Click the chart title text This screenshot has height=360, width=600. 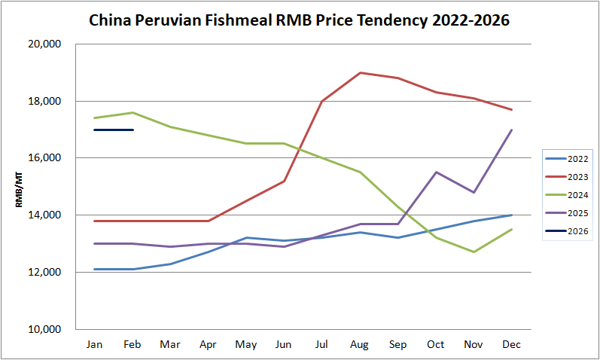pyautogui.click(x=300, y=20)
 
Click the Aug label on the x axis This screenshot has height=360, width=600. pyautogui.click(x=360, y=344)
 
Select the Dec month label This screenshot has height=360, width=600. pyautogui.click(x=512, y=344)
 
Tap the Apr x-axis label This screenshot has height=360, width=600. pyautogui.click(x=209, y=344)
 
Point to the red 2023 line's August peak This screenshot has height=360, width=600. pyautogui.click(x=361, y=72)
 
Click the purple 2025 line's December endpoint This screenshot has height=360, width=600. pyautogui.click(x=512, y=130)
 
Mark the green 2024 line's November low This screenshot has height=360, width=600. pyautogui.click(x=474, y=252)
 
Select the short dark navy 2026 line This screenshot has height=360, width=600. pyautogui.click(x=114, y=130)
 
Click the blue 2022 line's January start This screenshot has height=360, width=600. pyautogui.click(x=95, y=269)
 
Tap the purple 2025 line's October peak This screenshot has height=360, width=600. pyautogui.click(x=436, y=172)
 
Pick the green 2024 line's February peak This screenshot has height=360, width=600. pyautogui.click(x=132, y=112)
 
